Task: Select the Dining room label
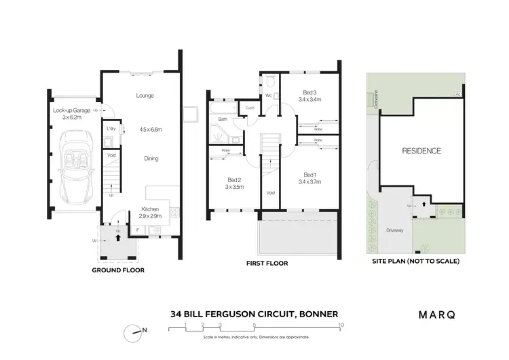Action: (151, 158)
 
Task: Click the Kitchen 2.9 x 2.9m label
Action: (151, 211)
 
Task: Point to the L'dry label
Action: (111, 128)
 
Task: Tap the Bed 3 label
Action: (309, 95)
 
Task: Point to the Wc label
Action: (269, 96)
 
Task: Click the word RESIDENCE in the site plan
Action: (421, 151)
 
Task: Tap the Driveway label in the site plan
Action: (395, 230)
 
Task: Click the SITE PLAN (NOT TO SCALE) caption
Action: (415, 261)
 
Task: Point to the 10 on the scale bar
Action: (341, 325)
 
